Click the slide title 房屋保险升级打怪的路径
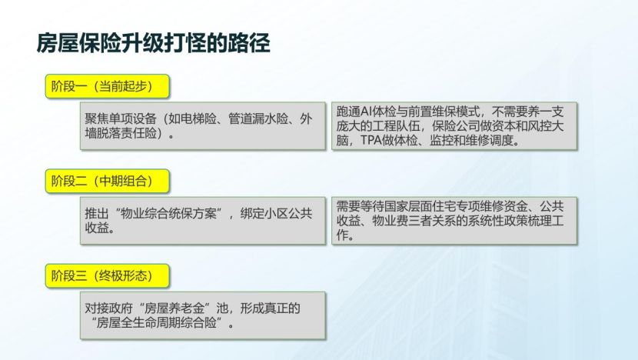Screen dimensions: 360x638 tap(153, 43)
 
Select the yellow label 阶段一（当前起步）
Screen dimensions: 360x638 tap(107, 86)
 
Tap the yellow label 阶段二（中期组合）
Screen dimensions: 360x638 tap(107, 181)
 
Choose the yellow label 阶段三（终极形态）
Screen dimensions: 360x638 tap(107, 275)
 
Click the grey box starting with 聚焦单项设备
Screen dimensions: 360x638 tap(203, 125)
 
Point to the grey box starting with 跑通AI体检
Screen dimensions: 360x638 tap(454, 125)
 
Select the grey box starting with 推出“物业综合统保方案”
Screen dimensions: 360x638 tap(203, 221)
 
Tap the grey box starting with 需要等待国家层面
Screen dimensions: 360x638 tap(454, 221)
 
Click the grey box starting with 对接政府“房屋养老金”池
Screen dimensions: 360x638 tap(203, 315)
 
